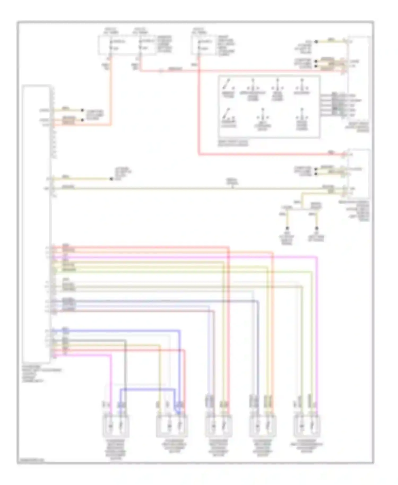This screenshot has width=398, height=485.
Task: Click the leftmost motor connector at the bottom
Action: pos(116,426)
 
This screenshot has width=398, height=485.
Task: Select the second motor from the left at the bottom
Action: pos(172,426)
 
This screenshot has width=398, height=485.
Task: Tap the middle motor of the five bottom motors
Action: pos(218,426)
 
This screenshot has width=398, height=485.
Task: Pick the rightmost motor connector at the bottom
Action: pos(307,426)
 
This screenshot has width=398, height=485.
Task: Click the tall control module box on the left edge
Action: pos(37,224)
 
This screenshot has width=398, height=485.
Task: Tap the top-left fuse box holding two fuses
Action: pos(127,45)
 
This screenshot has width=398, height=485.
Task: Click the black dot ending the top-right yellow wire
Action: pos(316,42)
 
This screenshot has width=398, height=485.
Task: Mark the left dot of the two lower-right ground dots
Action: pos(287,228)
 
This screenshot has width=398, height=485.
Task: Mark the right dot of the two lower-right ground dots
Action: pos(317,228)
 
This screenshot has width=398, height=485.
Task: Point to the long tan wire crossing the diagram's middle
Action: pos(186,189)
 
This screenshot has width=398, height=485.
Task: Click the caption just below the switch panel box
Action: pos(233,143)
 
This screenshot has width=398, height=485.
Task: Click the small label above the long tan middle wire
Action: pos(232,182)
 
